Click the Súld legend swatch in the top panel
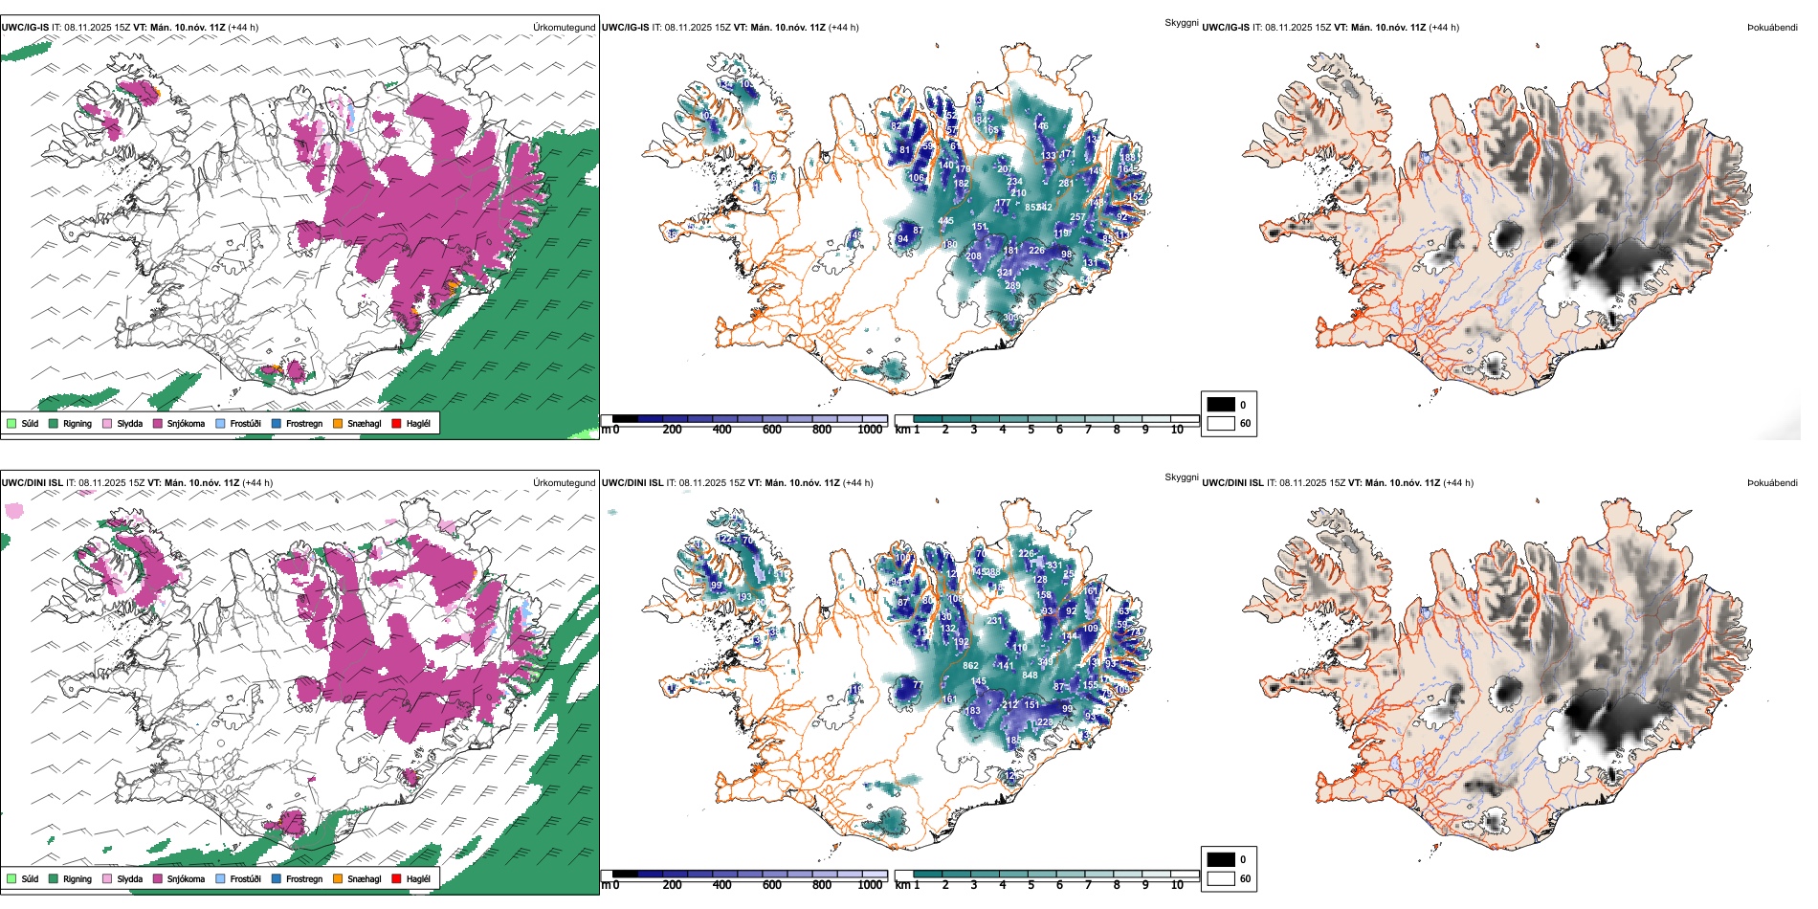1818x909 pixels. [11, 423]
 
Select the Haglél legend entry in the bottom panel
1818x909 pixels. [418, 878]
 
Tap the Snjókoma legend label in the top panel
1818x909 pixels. [186, 423]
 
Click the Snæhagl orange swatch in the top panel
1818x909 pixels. [338, 423]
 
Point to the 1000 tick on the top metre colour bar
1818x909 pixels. [870, 430]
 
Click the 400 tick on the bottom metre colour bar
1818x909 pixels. [722, 885]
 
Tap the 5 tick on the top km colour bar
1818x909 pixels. [1031, 430]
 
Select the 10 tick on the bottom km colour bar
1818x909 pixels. [1177, 885]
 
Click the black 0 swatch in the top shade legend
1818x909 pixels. [1221, 405]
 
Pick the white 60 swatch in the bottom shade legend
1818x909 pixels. [1221, 878]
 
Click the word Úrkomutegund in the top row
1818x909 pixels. [564, 27]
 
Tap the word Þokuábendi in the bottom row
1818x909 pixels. [1772, 482]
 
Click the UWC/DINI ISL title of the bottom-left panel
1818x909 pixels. [32, 482]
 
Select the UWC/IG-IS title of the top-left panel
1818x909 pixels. [25, 27]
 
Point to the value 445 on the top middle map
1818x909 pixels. [945, 221]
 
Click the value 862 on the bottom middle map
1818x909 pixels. [970, 666]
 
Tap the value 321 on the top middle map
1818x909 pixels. [1005, 273]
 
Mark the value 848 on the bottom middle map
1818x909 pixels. [1030, 676]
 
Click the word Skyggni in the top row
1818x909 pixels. [1181, 22]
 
